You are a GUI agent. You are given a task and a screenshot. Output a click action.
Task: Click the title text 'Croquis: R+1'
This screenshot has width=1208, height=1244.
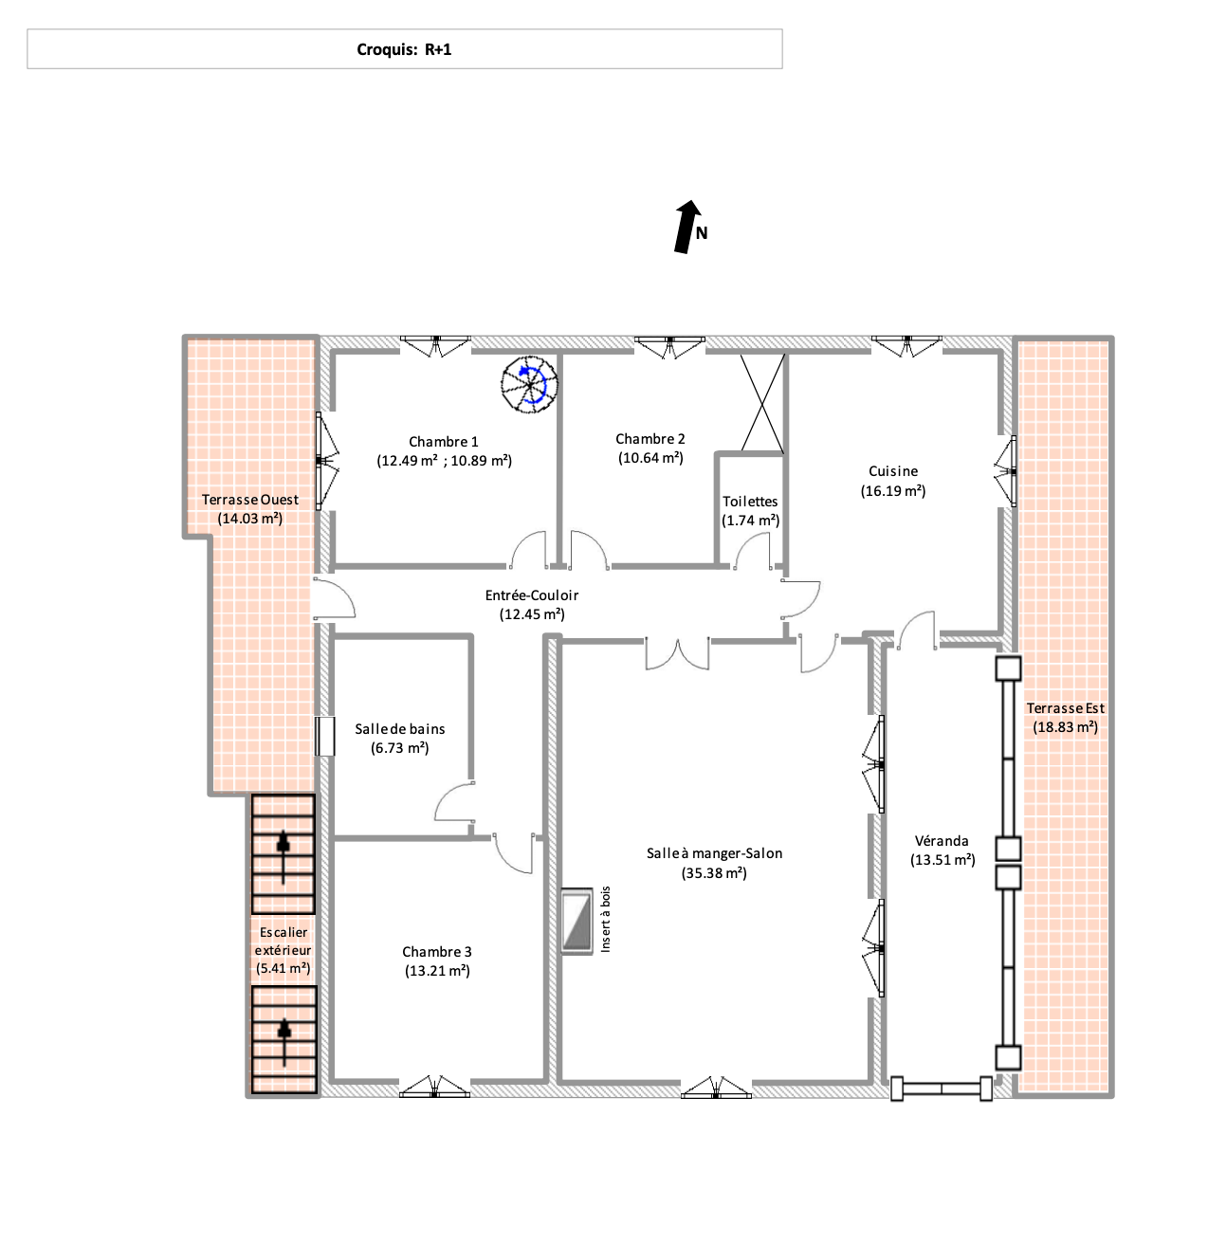[x=403, y=50]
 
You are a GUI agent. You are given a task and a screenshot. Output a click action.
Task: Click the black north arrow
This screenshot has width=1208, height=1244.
[x=686, y=227]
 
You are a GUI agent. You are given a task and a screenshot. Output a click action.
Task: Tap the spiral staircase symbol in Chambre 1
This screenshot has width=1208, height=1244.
[x=528, y=384]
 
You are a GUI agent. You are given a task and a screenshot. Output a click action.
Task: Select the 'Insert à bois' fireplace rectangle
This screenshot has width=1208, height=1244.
[x=577, y=921]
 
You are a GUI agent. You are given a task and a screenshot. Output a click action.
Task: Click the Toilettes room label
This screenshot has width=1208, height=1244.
[x=750, y=502]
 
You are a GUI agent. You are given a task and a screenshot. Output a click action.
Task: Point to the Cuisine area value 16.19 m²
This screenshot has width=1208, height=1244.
[x=892, y=491]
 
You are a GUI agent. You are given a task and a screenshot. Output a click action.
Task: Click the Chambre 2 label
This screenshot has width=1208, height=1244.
[x=650, y=439]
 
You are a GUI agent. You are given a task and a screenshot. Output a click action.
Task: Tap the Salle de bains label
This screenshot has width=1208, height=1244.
[x=399, y=729]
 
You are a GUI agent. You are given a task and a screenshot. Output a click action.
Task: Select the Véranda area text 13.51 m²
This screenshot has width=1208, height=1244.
[x=943, y=860]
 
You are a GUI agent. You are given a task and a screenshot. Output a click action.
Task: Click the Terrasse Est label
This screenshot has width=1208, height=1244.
[x=1065, y=708]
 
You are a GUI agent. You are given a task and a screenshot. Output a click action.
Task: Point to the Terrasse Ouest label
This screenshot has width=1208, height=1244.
[x=250, y=500]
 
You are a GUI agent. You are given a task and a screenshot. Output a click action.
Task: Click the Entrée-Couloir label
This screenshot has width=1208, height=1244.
[x=531, y=595]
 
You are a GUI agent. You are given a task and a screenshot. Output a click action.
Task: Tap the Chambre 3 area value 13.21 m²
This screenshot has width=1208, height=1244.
[x=437, y=971]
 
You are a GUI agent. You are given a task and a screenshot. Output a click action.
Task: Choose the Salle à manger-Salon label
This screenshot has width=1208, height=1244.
[x=714, y=853]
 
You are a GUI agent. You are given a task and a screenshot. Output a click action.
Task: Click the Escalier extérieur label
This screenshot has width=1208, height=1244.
[x=284, y=941]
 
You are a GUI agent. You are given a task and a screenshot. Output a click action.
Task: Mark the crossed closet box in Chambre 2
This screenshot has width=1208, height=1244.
[x=761, y=403]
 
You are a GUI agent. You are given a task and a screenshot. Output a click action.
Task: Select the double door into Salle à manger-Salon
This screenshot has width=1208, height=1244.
[x=677, y=653]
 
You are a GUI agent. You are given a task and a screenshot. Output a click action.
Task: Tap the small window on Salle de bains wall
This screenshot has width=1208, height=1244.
[x=324, y=736]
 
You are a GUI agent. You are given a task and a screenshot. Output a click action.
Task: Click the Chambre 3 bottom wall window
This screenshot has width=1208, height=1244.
[x=434, y=1087]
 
